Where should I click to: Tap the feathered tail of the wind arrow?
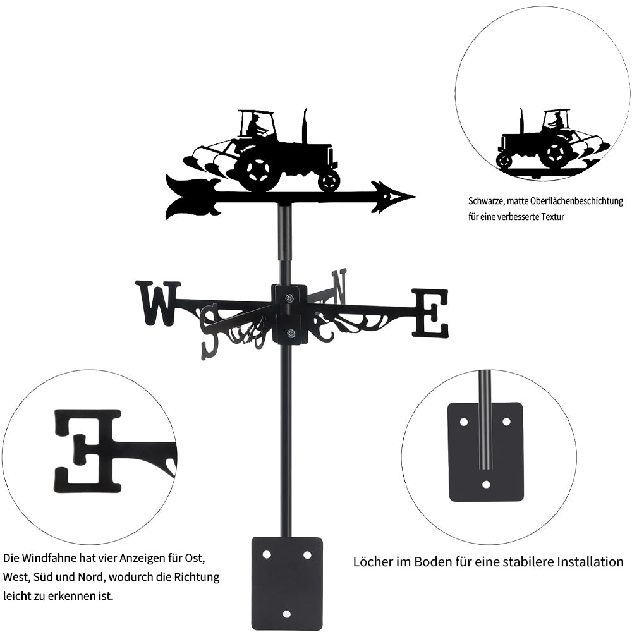pyautogui.click(x=190, y=197)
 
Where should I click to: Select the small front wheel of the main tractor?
pyautogui.click(x=329, y=181)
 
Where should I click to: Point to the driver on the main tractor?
pyautogui.click(x=255, y=126)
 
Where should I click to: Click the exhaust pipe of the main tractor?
pyautogui.click(x=305, y=126)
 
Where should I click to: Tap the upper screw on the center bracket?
pyautogui.click(x=289, y=298)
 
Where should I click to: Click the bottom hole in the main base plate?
pyautogui.click(x=287, y=614)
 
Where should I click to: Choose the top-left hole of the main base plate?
pyautogui.click(x=267, y=554)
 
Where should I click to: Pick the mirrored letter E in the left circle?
pyautogui.click(x=87, y=451)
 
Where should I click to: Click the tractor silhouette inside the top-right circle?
pyautogui.click(x=544, y=142)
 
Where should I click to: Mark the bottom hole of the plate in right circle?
pyautogui.click(x=486, y=484)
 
